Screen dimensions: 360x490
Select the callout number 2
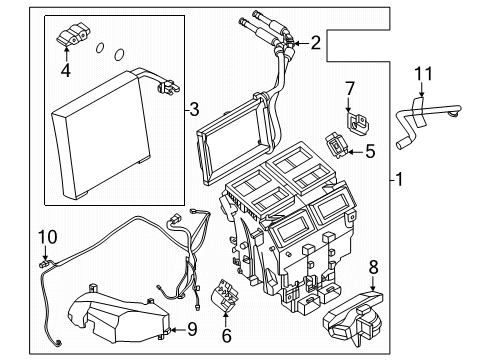click(x=316, y=42)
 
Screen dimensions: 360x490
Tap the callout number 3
click(x=193, y=108)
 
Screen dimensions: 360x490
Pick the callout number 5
click(x=369, y=153)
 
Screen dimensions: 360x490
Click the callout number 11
click(x=423, y=72)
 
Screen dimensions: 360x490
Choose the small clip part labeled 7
click(x=356, y=120)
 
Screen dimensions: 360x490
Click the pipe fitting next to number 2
click(x=285, y=42)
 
